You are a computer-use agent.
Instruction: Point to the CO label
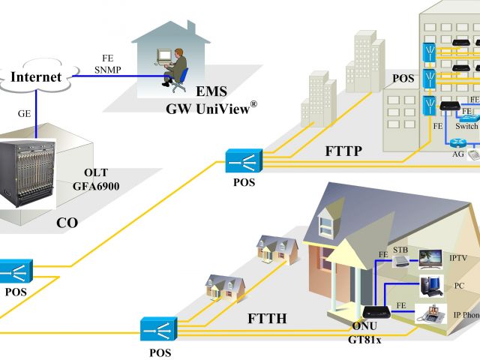[67, 223]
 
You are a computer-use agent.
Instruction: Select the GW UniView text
[211, 107]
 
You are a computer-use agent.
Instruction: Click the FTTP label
[344, 151]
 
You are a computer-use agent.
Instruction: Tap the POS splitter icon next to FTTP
[244, 160]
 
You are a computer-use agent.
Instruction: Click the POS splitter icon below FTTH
[158, 328]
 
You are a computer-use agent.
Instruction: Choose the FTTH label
[268, 318]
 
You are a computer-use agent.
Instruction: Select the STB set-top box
[403, 261]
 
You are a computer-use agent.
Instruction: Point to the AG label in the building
[457, 154]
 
